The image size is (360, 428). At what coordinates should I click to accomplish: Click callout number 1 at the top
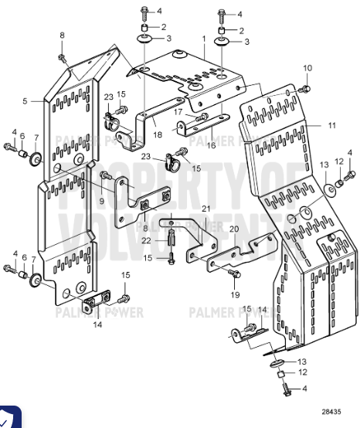pos(204,38)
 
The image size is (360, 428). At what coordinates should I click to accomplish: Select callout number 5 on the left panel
pos(25,100)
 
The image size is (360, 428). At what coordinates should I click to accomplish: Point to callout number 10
pos(307,69)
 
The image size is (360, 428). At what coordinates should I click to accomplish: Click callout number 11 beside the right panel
pos(332,125)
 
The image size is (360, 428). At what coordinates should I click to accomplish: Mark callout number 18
pos(157,134)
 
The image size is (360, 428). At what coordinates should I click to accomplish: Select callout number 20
pos(233,229)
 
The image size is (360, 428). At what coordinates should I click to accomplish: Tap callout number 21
pos(205,209)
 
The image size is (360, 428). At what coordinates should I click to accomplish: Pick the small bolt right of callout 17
pos(202,116)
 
